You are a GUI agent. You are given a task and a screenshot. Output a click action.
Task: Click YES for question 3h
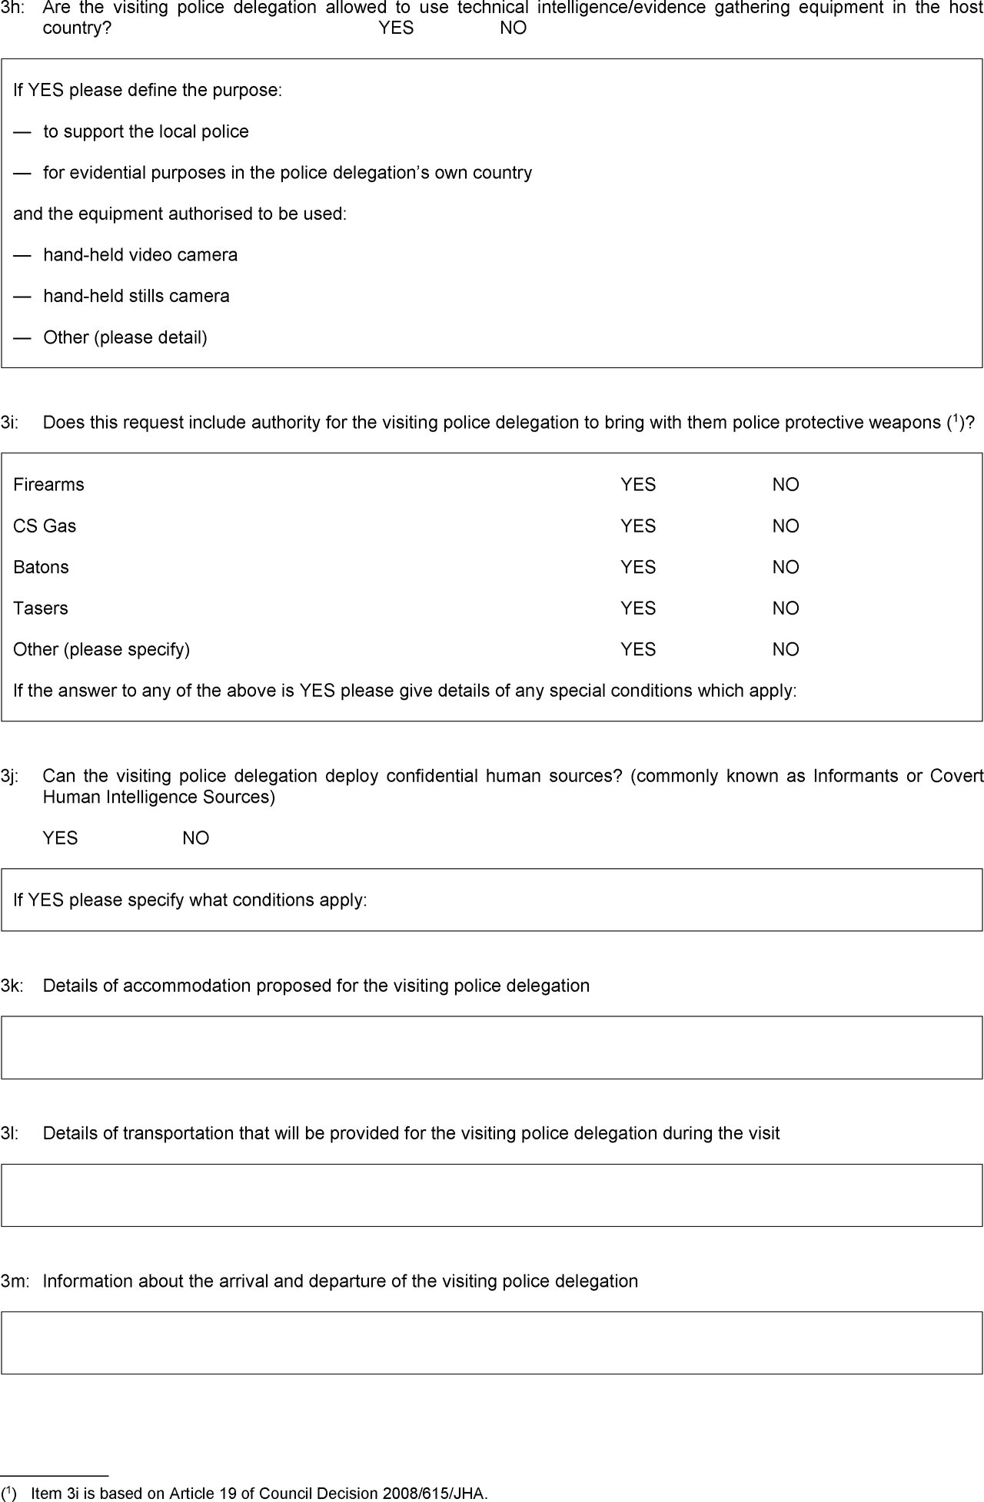point(396,28)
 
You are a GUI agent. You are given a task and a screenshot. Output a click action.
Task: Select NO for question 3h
point(513,28)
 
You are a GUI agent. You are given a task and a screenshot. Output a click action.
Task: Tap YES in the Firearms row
point(638,485)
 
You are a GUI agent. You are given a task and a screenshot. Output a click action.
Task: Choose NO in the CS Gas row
point(786,526)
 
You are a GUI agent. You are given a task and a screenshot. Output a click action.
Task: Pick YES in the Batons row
point(638,567)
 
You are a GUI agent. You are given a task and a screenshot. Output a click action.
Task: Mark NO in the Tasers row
point(786,608)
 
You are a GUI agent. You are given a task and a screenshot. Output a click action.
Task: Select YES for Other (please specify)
point(638,649)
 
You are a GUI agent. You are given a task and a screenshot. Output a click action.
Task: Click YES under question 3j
point(60,838)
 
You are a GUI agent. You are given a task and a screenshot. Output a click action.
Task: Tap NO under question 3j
point(196,838)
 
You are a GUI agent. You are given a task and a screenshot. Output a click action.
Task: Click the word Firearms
point(48,485)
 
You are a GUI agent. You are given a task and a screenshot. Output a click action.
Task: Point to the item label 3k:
point(12,986)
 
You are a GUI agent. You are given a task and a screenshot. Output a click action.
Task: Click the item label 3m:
point(15,1281)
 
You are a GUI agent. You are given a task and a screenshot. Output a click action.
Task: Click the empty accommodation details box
point(492,1047)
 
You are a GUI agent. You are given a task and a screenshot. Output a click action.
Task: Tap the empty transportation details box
point(492,1195)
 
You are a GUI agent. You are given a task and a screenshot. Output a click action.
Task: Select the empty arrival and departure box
point(492,1342)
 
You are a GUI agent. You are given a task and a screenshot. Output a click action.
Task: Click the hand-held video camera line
point(140,255)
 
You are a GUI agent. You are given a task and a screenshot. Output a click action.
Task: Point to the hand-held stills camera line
point(136,297)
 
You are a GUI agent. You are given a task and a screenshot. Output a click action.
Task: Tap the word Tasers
point(41,608)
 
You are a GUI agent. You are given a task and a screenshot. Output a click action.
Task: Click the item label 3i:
point(9,423)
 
